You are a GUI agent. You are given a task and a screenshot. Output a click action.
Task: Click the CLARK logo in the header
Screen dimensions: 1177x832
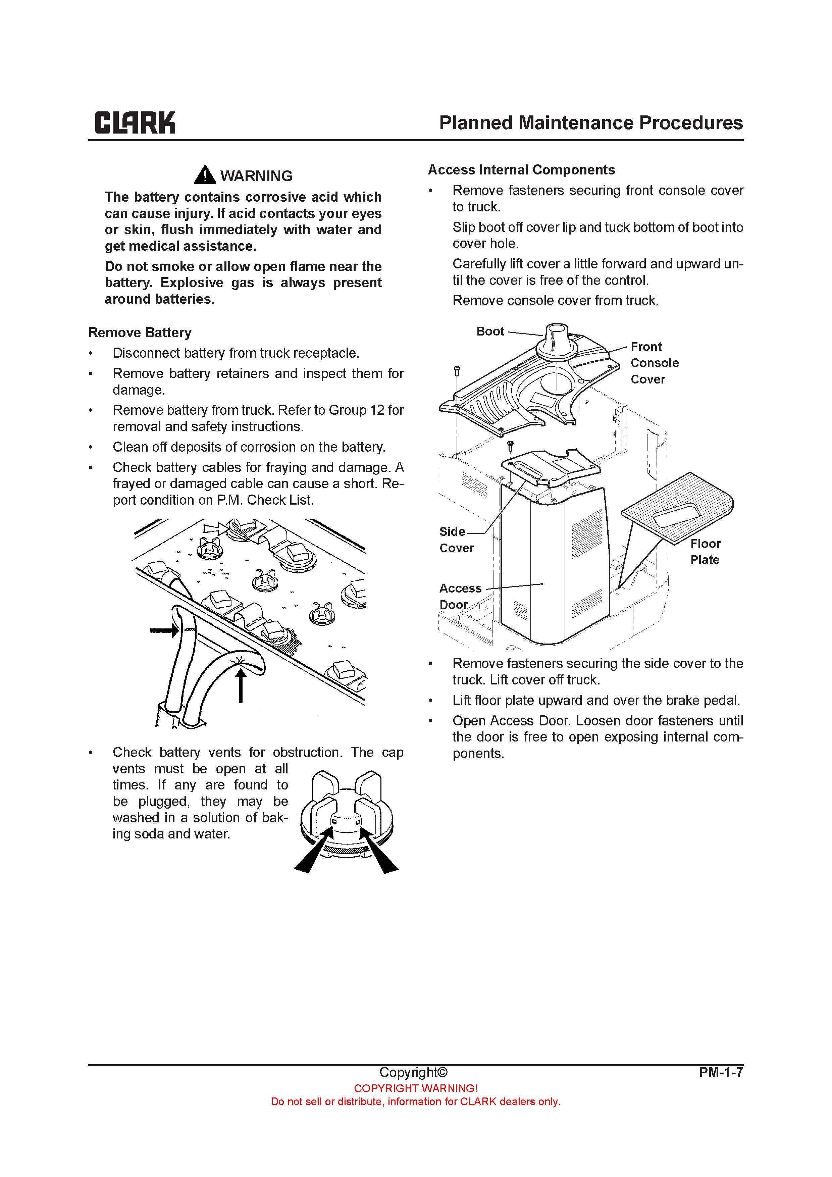coord(135,123)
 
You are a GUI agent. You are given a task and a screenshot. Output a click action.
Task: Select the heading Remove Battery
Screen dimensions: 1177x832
coord(140,333)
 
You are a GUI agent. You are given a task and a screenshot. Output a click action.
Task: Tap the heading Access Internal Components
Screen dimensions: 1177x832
coord(521,170)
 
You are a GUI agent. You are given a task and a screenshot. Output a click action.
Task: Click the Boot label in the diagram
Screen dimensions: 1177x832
coord(490,332)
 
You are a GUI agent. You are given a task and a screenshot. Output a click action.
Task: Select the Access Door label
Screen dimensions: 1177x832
coord(460,596)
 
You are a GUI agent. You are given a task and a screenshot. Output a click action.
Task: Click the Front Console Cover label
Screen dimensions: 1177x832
coord(654,363)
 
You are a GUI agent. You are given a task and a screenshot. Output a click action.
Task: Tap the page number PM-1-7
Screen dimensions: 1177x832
coord(721,1072)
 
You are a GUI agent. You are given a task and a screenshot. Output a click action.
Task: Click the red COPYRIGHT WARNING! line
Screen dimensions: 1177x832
coord(416,1088)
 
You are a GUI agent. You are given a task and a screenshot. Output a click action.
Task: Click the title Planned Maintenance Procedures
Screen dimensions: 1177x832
coord(590,123)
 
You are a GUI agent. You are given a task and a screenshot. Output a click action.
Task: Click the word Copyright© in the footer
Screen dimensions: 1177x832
coord(413,1072)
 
